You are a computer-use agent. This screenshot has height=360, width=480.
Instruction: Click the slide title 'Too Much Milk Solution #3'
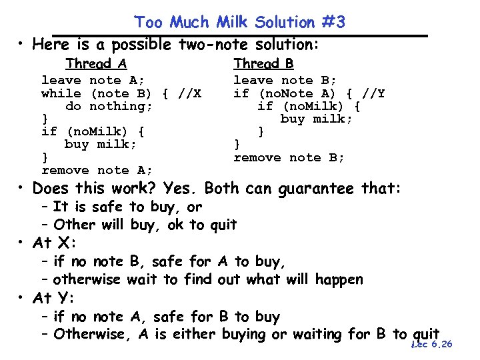(x=239, y=22)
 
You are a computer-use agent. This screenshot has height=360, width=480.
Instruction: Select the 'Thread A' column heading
(x=96, y=64)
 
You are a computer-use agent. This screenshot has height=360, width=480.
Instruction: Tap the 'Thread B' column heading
(x=263, y=63)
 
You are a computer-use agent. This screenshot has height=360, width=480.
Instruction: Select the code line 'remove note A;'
(x=97, y=170)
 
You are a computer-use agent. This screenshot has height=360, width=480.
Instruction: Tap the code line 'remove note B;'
(x=289, y=157)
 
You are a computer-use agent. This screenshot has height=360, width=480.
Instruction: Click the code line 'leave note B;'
(x=285, y=81)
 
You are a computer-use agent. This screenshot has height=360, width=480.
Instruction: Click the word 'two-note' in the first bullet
(x=209, y=45)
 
